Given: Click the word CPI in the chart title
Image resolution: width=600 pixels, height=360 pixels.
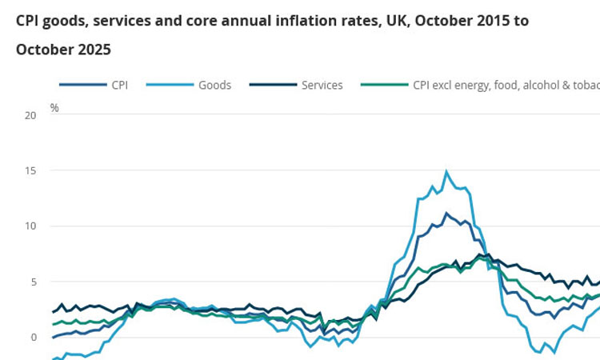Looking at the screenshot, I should click(28, 21).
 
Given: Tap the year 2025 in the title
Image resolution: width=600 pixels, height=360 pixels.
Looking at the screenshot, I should click(89, 50).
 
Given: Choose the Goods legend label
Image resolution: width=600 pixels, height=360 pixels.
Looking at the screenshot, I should click(214, 85).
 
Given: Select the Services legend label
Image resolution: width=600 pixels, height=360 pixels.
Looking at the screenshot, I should click(322, 85).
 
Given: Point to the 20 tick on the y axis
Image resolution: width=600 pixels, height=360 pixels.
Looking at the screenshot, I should click(30, 115).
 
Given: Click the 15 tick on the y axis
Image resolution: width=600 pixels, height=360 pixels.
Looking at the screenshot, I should click(30, 170).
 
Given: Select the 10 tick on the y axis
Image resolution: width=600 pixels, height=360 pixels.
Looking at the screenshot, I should click(30, 226).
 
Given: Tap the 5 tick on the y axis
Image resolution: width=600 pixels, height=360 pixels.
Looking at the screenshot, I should click(33, 282).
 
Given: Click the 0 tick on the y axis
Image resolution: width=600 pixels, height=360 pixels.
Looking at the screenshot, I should click(33, 337).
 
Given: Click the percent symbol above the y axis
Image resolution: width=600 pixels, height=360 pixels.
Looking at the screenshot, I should click(54, 107).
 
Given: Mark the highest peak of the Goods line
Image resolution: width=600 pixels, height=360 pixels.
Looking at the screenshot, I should click(446, 171).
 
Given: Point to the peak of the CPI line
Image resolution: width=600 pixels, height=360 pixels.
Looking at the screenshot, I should click(446, 213).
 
